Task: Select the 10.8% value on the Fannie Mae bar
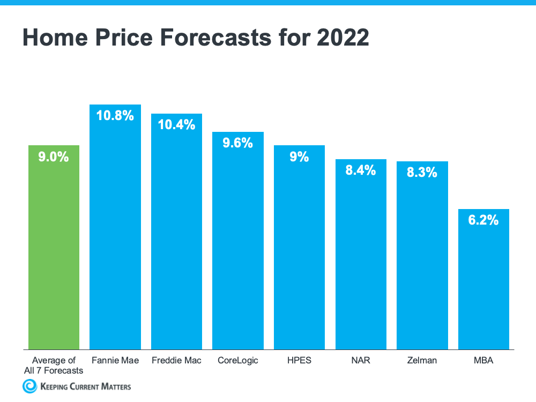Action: tap(115, 115)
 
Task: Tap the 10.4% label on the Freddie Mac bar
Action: tap(176, 125)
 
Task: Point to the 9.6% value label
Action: tap(237, 143)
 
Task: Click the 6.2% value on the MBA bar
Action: tap(483, 220)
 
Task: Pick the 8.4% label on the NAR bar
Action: tap(360, 170)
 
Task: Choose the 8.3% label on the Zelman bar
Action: tap(422, 173)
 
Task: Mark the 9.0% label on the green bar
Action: tap(54, 157)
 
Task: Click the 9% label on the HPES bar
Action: tap(299, 157)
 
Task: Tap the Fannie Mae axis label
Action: tap(115, 360)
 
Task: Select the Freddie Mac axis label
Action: tap(176, 360)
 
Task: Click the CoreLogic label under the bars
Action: tap(237, 360)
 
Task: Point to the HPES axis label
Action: tap(299, 360)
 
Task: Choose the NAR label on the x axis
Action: tap(360, 360)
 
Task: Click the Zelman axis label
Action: tap(422, 360)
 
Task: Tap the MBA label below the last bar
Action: tap(483, 360)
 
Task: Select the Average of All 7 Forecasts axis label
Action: tap(54, 365)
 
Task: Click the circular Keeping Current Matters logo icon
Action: tap(29, 386)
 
